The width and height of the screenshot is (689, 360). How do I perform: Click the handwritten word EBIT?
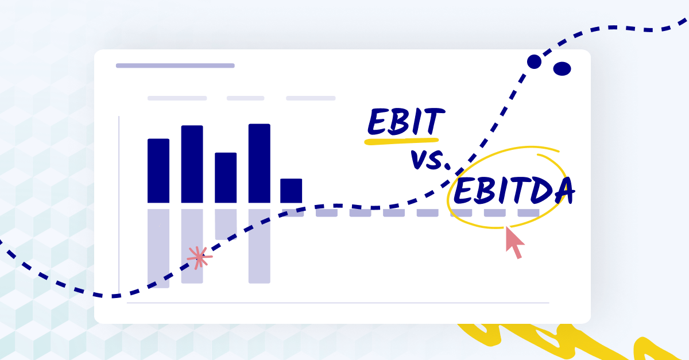[x=405, y=122]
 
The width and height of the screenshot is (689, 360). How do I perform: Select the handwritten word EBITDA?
[x=513, y=191]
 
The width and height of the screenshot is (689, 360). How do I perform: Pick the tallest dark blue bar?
[x=259, y=163]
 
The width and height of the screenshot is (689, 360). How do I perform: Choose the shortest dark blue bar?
[x=291, y=191]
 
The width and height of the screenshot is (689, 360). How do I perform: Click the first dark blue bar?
[x=158, y=171]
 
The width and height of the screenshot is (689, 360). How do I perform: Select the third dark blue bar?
[x=226, y=177]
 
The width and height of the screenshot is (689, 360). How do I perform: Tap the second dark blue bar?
[x=192, y=164]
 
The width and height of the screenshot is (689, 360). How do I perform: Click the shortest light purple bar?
[x=226, y=224]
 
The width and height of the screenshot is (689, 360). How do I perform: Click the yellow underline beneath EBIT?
[x=402, y=140]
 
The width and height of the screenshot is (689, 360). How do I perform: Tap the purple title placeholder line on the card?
[x=175, y=65]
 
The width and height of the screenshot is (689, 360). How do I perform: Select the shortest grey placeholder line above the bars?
[x=245, y=98]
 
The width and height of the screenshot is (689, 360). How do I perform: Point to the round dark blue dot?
[x=534, y=61]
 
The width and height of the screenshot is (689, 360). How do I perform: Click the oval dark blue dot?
[x=562, y=69]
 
